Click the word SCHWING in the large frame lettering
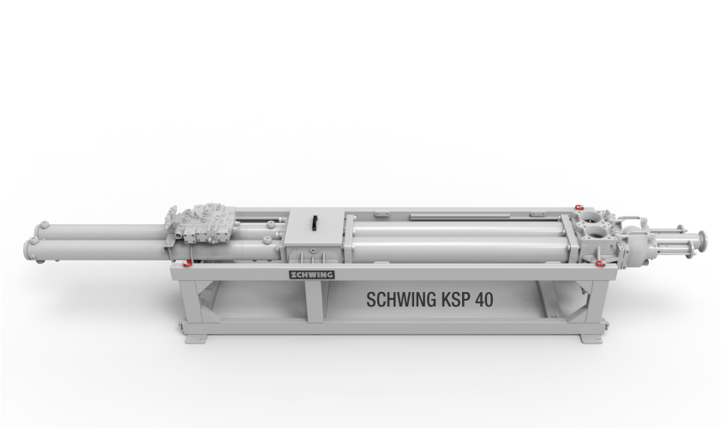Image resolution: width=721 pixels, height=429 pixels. (401, 300)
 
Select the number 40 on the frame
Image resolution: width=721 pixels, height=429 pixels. (484, 300)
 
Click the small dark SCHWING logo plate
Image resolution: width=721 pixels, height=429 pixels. (312, 275)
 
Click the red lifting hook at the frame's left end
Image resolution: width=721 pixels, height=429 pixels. (187, 264)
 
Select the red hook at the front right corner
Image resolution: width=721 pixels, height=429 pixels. (599, 263)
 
